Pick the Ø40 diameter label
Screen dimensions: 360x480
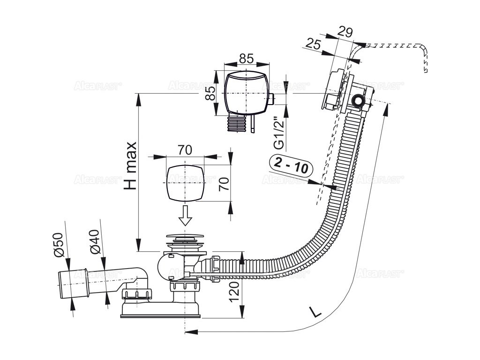(94, 241)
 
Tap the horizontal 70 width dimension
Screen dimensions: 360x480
(185, 150)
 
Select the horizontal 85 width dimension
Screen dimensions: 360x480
(246, 58)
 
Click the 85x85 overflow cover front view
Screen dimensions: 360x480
(246, 92)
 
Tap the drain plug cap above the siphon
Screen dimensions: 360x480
(185, 240)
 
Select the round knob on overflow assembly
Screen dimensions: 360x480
(359, 101)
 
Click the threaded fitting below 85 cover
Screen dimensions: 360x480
(236, 124)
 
